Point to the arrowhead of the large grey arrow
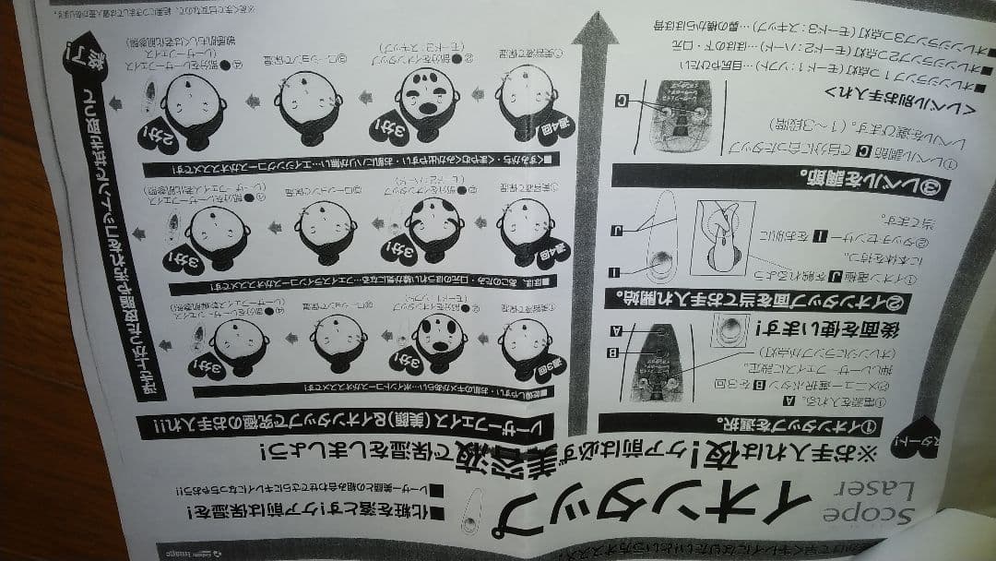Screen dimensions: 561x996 pos(595,37)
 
